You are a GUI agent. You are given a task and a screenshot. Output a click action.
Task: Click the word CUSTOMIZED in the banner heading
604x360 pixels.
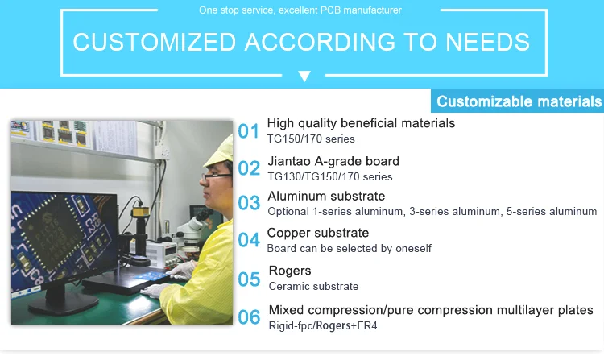154,42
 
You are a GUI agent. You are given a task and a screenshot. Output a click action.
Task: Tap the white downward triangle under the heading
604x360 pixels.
304,76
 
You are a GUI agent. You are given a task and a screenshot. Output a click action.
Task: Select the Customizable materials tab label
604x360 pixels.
519,101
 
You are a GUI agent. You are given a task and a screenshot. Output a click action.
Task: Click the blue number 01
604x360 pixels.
249,131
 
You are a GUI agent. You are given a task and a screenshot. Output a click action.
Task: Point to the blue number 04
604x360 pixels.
249,240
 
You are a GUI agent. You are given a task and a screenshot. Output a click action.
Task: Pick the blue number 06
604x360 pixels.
249,317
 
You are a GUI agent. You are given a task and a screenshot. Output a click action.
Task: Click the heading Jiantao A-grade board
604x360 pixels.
333,161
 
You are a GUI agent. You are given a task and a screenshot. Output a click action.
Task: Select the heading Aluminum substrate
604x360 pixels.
326,196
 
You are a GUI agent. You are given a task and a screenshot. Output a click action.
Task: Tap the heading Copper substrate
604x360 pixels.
318,233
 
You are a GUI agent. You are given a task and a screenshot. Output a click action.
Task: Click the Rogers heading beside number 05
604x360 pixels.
290,271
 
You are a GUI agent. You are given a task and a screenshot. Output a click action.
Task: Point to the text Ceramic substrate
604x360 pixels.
313,287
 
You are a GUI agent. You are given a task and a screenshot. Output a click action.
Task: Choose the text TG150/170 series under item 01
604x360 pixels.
311,139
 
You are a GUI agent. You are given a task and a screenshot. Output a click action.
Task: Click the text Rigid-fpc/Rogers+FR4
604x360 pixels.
323,325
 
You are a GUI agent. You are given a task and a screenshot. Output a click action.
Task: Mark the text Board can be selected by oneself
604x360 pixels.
349,249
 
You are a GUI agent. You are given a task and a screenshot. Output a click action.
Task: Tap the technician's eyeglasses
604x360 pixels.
216,176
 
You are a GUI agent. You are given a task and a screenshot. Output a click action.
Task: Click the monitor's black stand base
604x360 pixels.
64,305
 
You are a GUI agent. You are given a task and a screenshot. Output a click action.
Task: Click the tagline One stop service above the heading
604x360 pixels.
300,10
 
